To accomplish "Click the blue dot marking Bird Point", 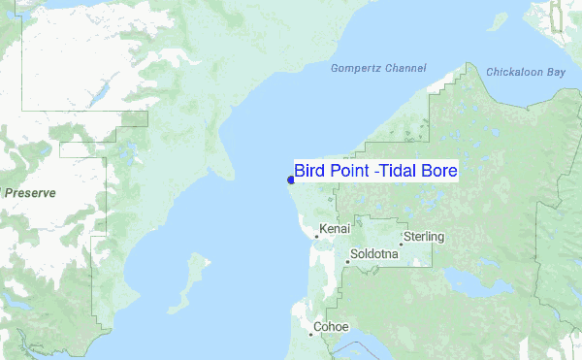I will (291, 180).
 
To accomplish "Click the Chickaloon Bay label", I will (525, 73).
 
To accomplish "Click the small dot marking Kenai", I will (316, 236).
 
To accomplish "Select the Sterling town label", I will (424, 237).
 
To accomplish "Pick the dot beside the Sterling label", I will (400, 244).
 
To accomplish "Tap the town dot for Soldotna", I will (347, 262).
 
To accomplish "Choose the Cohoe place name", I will (330, 327).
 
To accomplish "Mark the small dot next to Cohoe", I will (310, 335).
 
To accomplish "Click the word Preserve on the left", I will (30, 193).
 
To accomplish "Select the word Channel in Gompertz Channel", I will (405, 69).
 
